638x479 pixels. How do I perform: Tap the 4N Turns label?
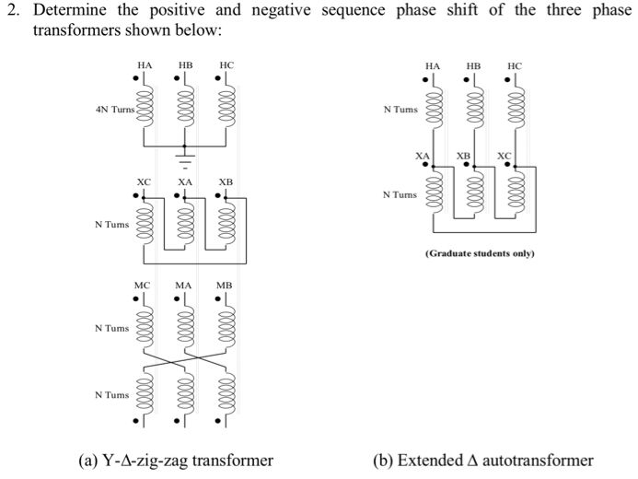click(x=115, y=110)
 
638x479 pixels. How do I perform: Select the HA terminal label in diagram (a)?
click(x=145, y=65)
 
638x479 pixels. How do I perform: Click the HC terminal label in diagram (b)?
click(x=515, y=66)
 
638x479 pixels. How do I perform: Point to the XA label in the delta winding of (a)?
click(x=185, y=181)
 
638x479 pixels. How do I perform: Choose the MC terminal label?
click(x=142, y=286)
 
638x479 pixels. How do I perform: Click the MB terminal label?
click(x=225, y=286)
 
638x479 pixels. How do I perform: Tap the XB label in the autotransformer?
click(x=463, y=156)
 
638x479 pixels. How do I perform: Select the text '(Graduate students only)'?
click(x=480, y=253)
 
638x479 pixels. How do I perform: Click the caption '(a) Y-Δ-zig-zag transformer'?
click(x=176, y=461)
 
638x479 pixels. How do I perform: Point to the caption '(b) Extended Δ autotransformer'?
click(x=483, y=461)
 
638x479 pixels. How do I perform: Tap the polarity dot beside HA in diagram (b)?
click(x=425, y=80)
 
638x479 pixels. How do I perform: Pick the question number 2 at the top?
click(x=13, y=10)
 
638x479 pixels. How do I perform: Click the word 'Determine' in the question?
click(x=69, y=10)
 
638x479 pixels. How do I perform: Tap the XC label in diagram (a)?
click(x=144, y=181)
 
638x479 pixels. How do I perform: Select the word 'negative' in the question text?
click(x=281, y=11)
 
